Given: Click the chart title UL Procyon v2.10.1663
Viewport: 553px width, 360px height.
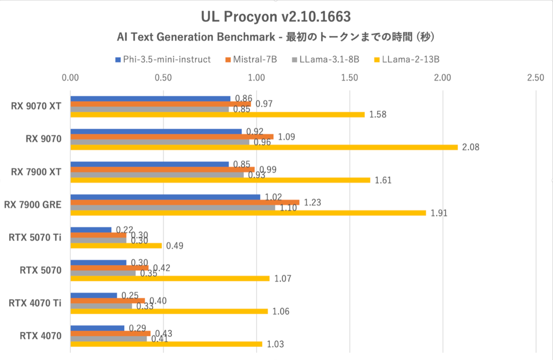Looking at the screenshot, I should coord(276,17).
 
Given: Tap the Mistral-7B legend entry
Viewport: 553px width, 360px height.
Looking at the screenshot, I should coord(251,59).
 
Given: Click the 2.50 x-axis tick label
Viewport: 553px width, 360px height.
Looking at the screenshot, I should coord(535,78).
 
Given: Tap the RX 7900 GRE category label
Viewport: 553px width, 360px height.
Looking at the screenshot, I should coord(33,204).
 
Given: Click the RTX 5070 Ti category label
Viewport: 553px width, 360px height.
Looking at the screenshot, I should coord(35,237).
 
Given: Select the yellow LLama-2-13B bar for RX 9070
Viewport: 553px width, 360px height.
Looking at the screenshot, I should coord(264,147).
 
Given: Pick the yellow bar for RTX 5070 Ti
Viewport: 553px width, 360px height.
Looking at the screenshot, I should coord(116,246).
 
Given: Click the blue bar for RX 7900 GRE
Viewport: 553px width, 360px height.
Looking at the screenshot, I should coord(165,197).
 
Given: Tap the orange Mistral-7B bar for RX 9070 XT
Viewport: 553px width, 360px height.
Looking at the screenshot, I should coord(160,104).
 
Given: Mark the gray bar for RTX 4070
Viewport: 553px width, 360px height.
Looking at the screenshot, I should coord(108,339).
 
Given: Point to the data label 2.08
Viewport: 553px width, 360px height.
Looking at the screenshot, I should coord(471,148).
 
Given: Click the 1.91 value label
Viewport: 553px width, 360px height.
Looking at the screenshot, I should coord(439,213).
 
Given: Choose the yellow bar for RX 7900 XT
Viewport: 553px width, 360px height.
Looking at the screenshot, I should coord(220,180).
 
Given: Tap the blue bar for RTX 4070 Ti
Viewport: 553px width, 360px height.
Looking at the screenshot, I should coord(94,295).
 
